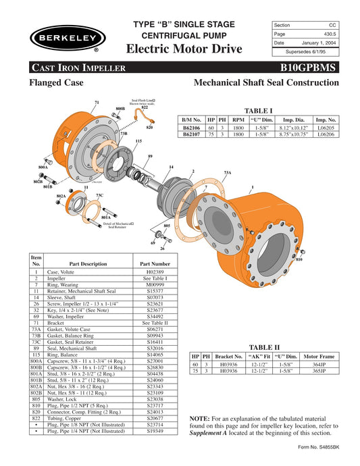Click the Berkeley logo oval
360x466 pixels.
(x=62, y=38)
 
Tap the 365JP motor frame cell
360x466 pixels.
(x=319, y=371)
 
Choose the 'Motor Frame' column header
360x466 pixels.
(x=319, y=355)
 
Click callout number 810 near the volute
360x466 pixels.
(x=299, y=259)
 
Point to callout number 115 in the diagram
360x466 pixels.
(x=138, y=141)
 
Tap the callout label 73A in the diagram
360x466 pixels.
(x=228, y=174)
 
